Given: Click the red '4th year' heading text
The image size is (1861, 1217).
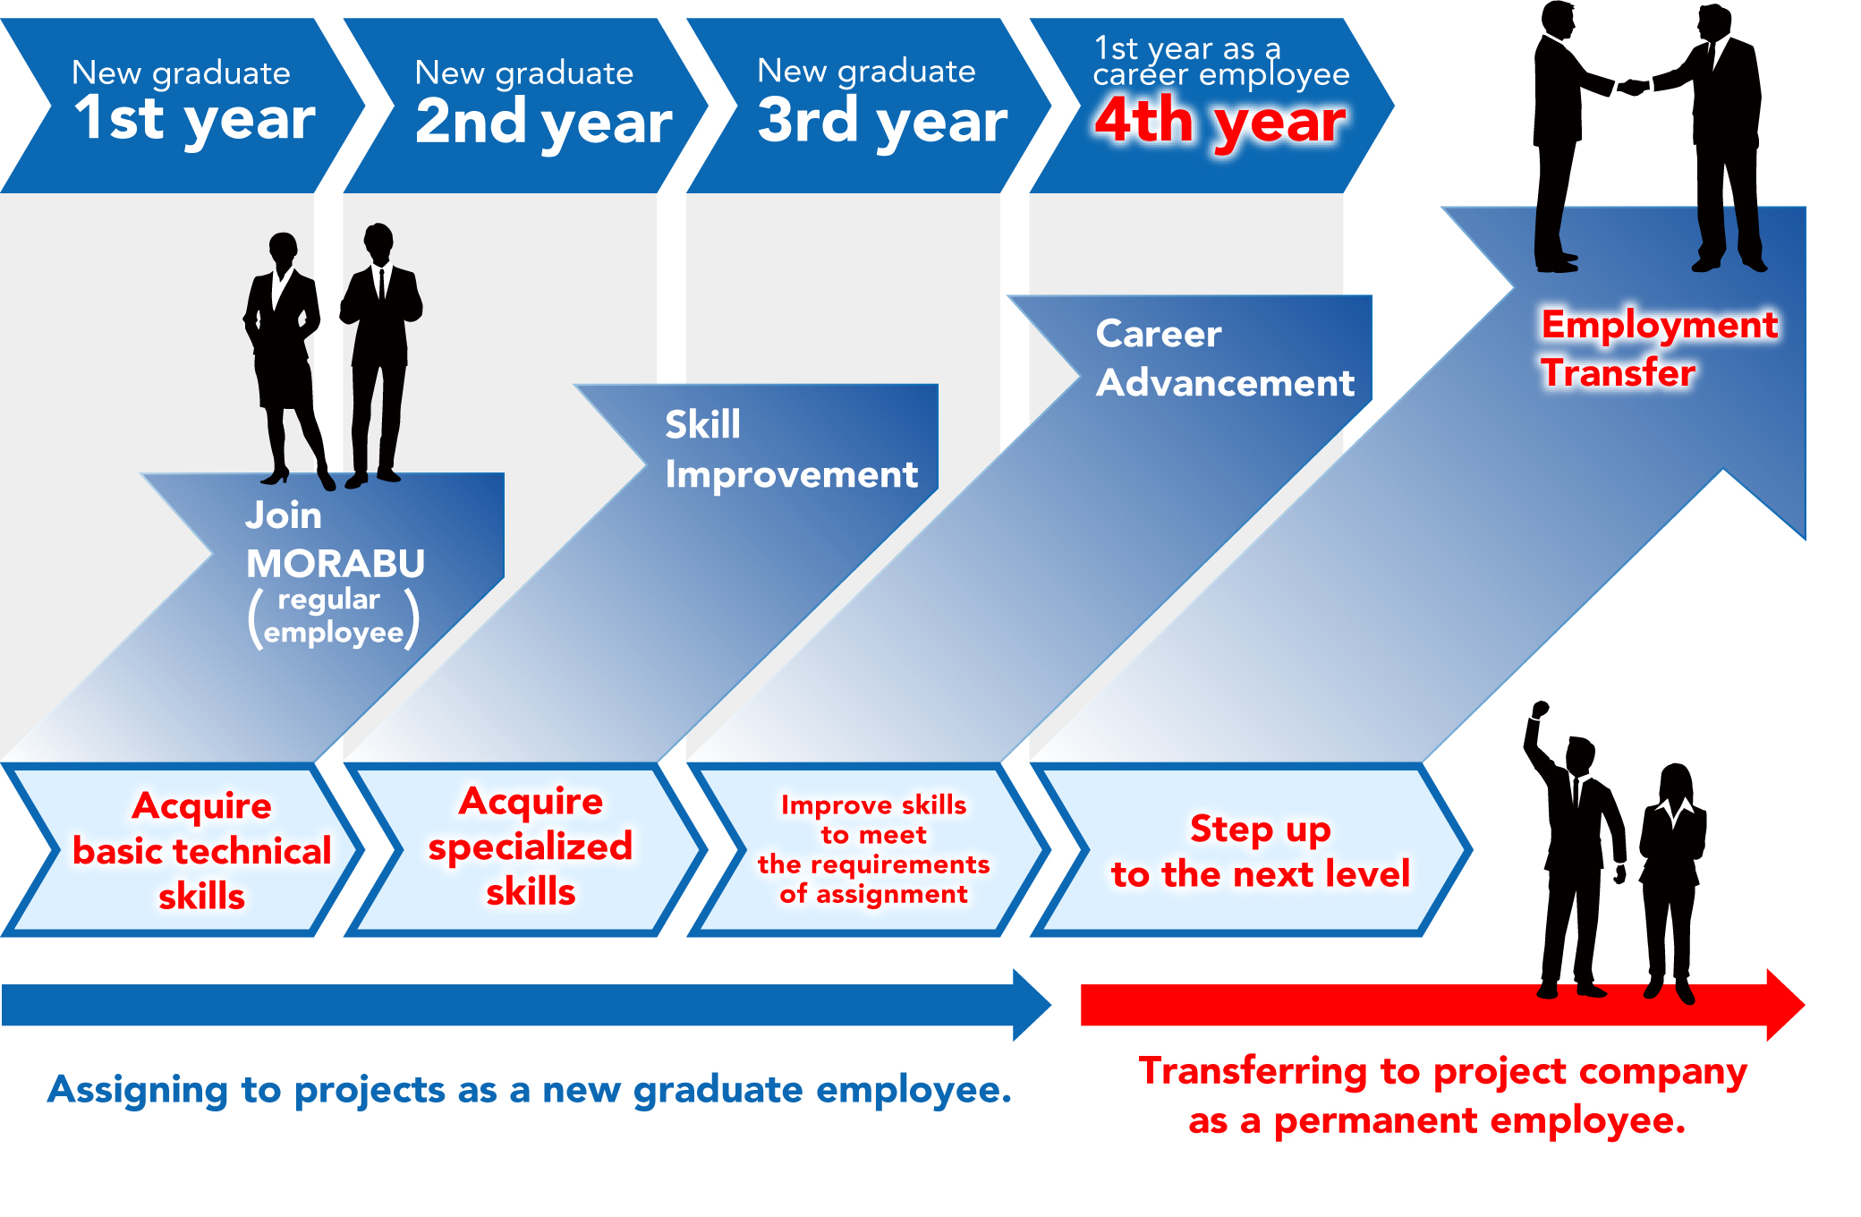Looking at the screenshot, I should coord(1219,121).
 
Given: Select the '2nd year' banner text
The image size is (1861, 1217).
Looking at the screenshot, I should coord(543,122).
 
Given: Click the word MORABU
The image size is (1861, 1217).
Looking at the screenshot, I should coord(336,564).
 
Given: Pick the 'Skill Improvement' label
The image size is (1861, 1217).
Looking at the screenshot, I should coord(791,449).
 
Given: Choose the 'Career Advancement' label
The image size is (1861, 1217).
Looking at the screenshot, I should coord(1224,358).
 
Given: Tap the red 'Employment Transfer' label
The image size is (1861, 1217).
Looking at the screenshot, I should coord(1658,348).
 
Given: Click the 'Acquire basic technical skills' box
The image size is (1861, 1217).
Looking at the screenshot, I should coord(201,850).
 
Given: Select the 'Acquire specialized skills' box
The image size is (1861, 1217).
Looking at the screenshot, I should coord(531,847).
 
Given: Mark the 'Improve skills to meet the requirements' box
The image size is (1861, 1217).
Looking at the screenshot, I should coord(873,849).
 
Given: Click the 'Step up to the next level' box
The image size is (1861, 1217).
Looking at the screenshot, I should coord(1260,851).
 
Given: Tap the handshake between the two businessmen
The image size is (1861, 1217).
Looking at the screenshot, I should coord(1634,87).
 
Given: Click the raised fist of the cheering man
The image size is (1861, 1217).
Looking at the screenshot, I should coord(1540,710).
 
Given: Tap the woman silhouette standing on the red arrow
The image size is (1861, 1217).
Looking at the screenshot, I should coord(1672,877).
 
